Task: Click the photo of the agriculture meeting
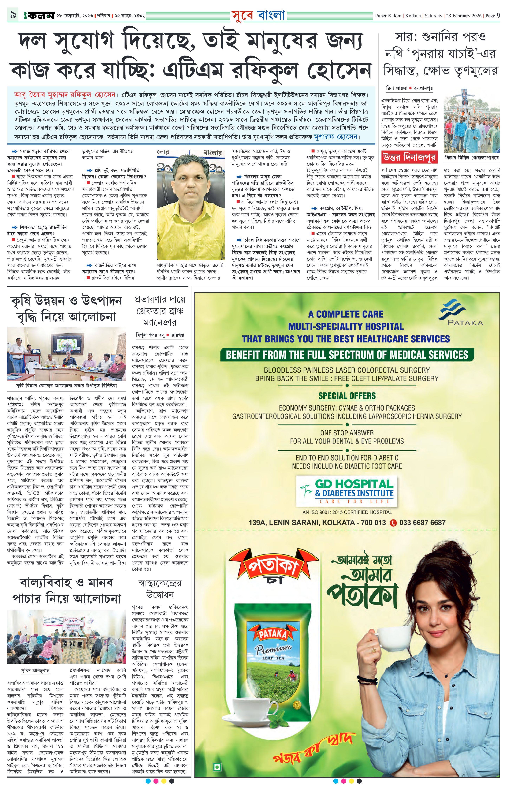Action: click(x=67, y=354)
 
